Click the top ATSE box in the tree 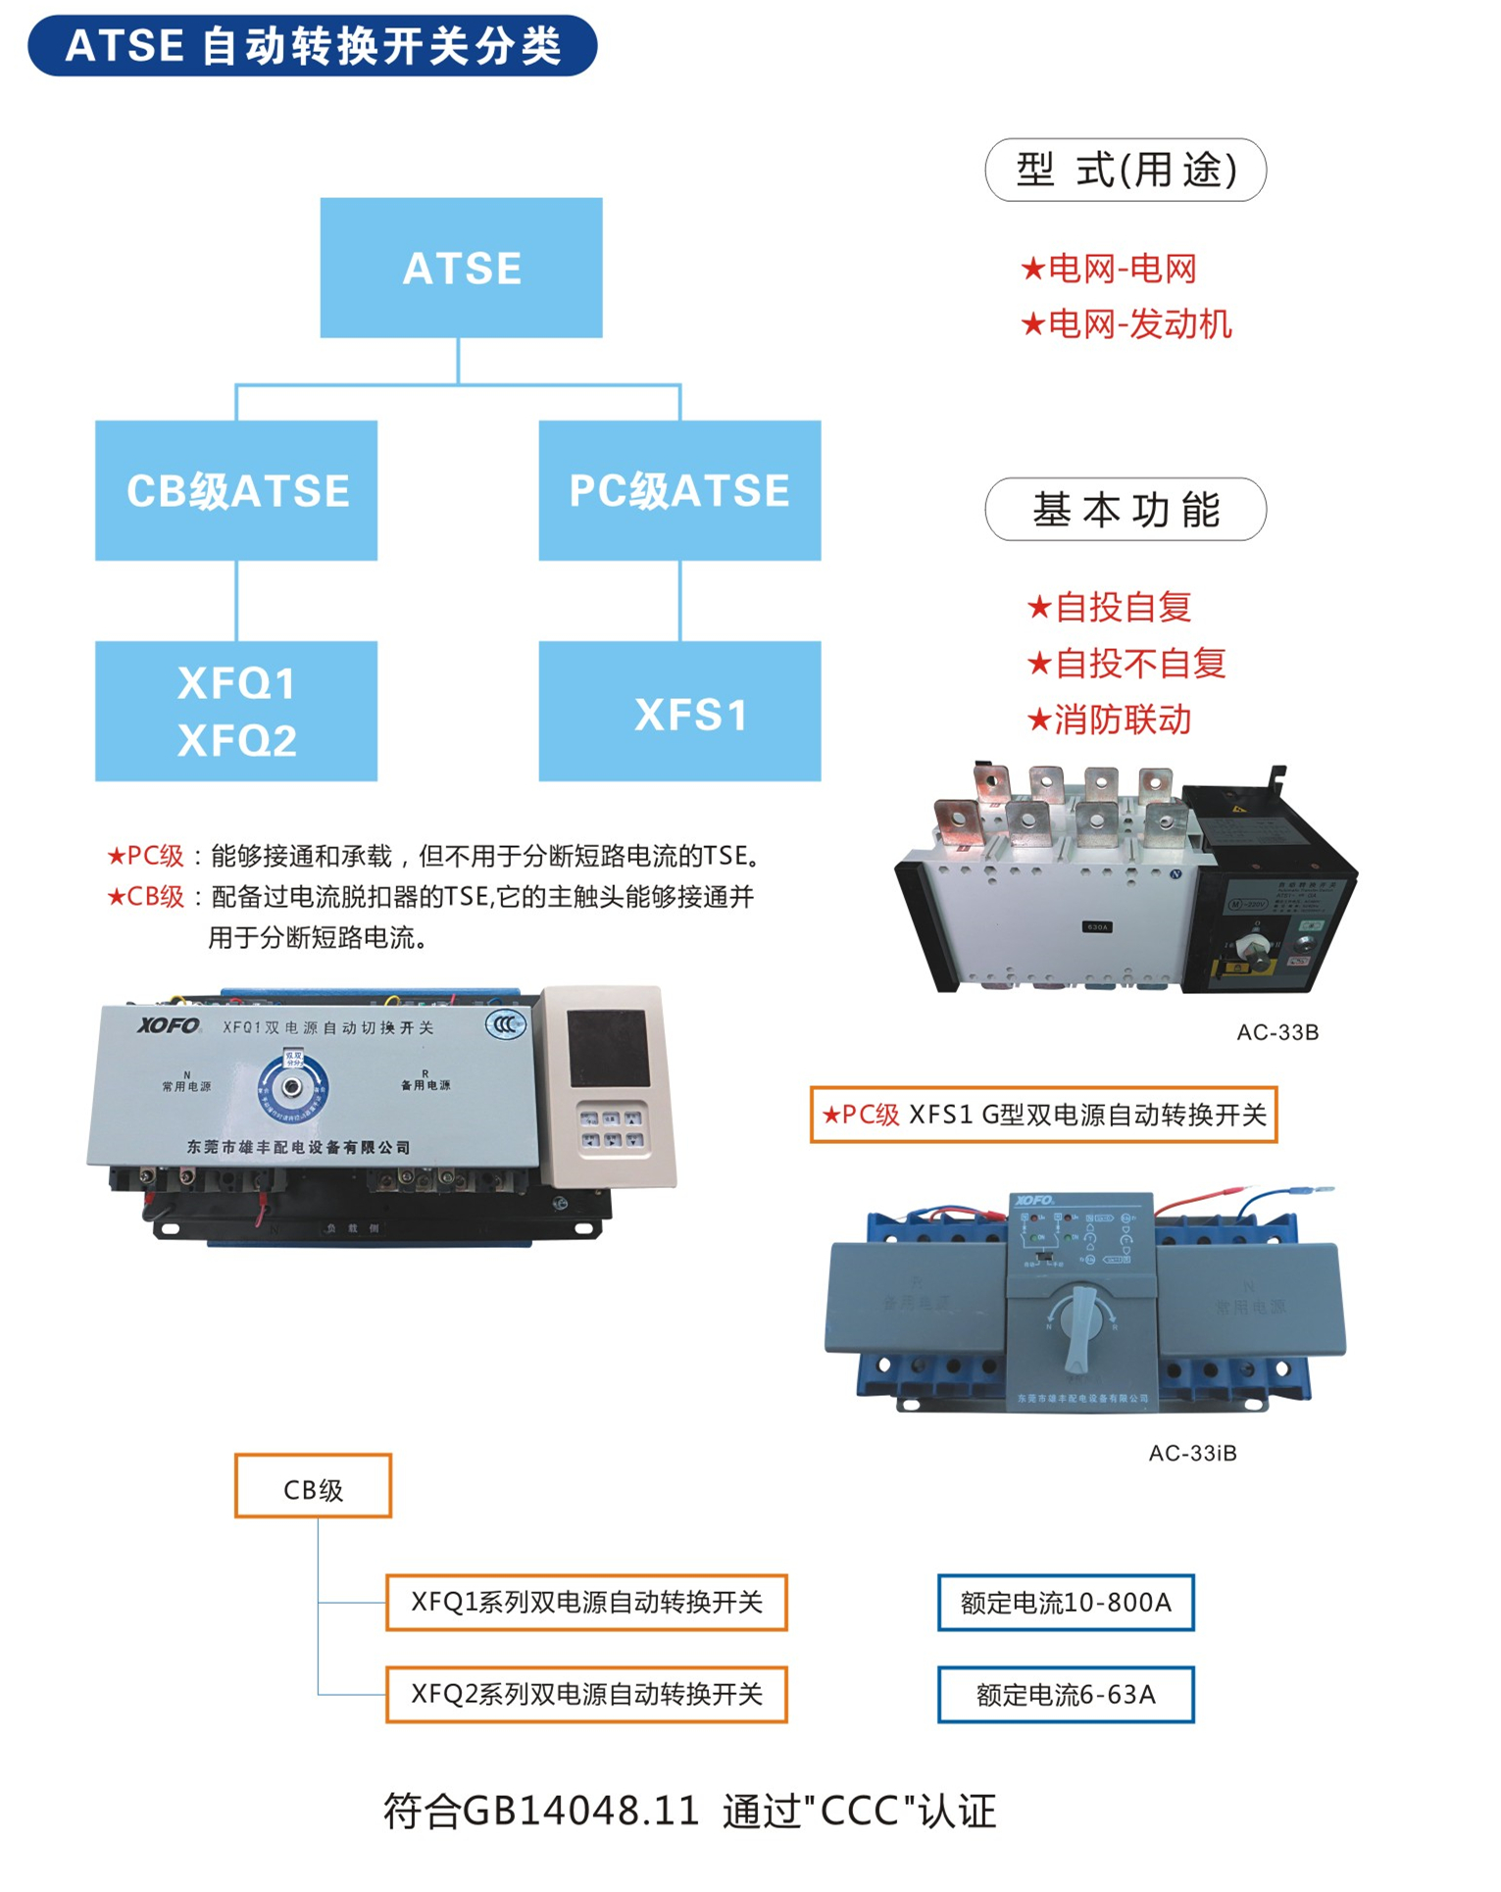(461, 268)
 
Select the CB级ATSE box (236, 490)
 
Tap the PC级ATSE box (679, 490)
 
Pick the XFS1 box (679, 712)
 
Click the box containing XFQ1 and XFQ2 (236, 712)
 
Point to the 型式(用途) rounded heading (1126, 170)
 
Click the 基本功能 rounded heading (1126, 510)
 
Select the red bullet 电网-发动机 (1126, 324)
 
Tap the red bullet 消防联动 (1109, 720)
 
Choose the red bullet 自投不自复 (1126, 664)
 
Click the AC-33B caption (1277, 1032)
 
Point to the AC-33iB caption (1192, 1453)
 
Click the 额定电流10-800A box (1066, 1603)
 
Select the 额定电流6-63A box (1066, 1694)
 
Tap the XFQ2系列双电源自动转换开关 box (586, 1694)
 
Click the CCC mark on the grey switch (506, 1025)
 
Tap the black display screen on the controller (608, 1048)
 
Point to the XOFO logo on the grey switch (169, 1025)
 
